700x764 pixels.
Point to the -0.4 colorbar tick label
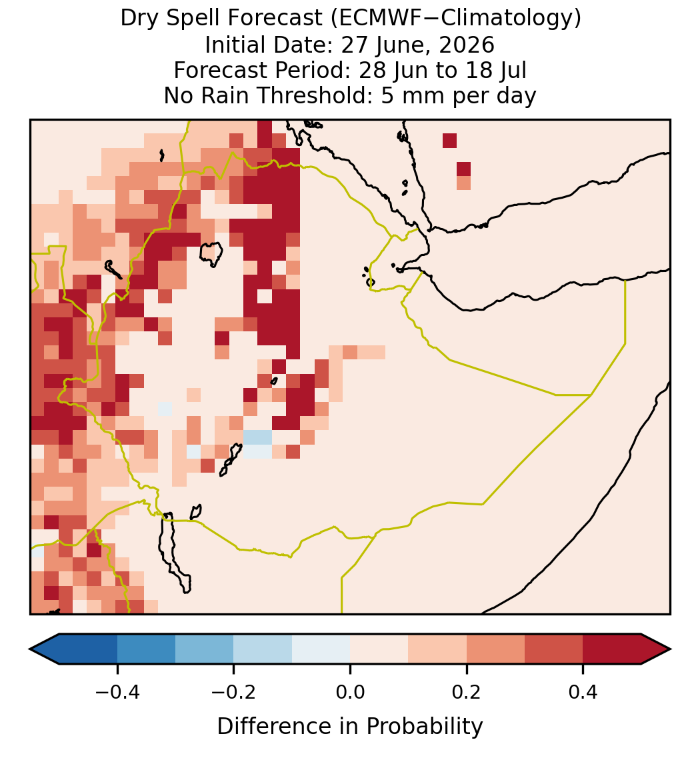pyautogui.click(x=117, y=692)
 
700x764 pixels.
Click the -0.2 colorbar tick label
pyautogui.click(x=234, y=692)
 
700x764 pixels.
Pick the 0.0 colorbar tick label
pyautogui.click(x=350, y=692)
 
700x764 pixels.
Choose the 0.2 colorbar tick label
pyautogui.click(x=467, y=692)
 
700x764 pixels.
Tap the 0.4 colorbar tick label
pyautogui.click(x=583, y=692)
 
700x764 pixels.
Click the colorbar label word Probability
pyautogui.click(x=424, y=727)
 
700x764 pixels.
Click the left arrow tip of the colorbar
pyautogui.click(x=30, y=649)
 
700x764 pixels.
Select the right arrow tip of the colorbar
pyautogui.click(x=670, y=649)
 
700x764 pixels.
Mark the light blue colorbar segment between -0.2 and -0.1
pyautogui.click(x=263, y=649)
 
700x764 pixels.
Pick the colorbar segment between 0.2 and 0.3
pyautogui.click(x=496, y=649)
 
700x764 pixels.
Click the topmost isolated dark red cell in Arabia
pyautogui.click(x=449, y=140)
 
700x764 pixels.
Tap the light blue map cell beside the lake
pyautogui.click(x=257, y=437)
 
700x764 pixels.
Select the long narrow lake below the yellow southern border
pyautogui.click(x=174, y=552)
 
